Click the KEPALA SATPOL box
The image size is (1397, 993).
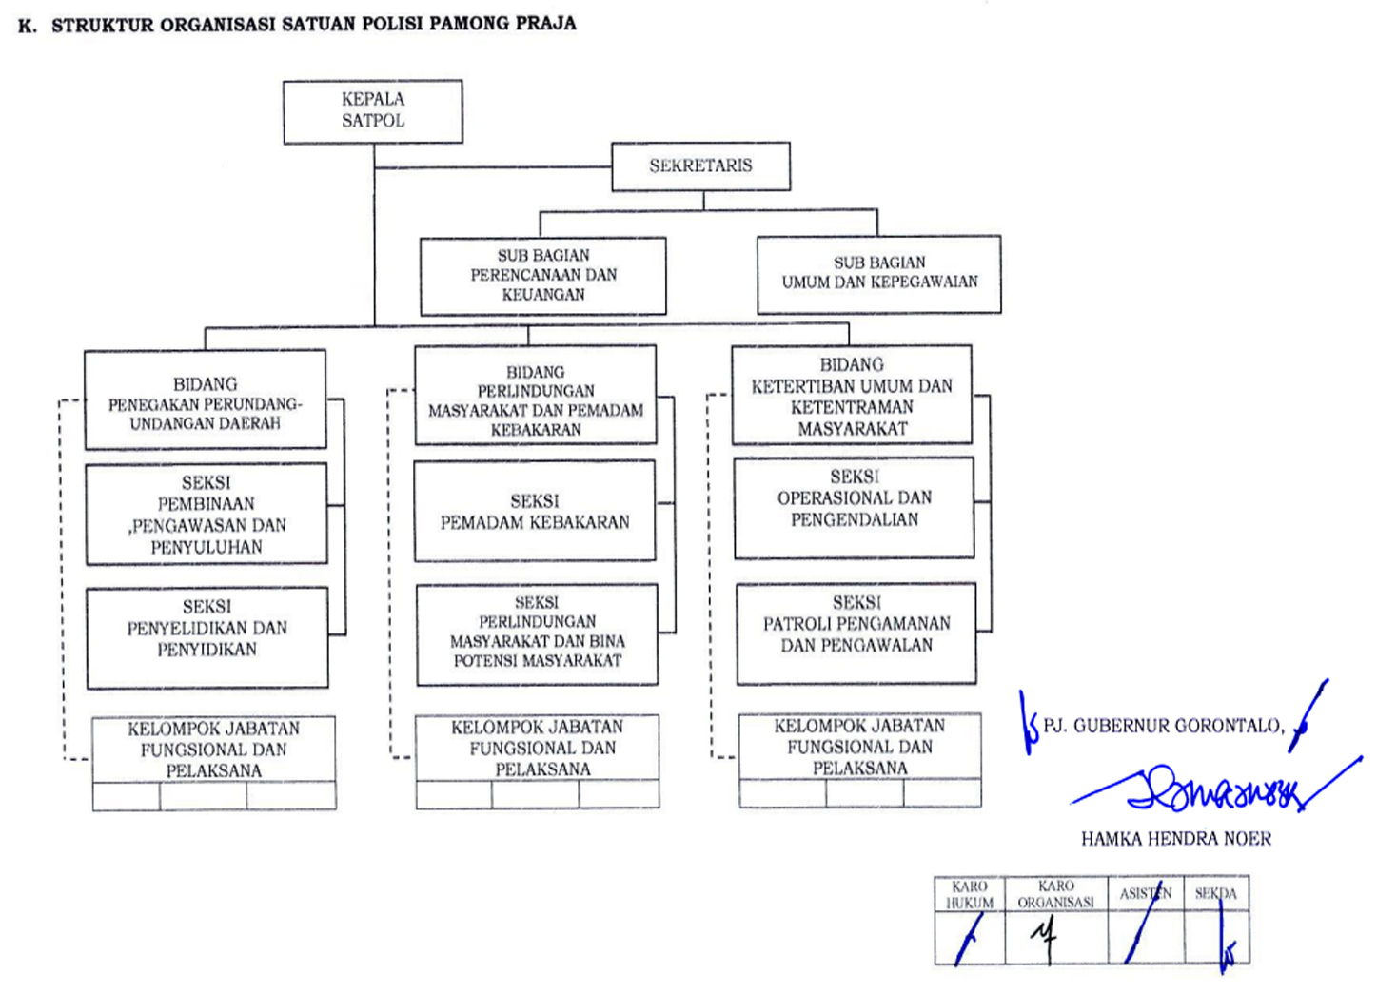pos(373,111)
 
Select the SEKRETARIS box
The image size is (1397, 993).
pos(700,166)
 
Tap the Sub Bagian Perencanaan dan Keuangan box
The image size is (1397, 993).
pos(542,276)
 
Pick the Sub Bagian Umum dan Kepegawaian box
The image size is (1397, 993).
pos(878,274)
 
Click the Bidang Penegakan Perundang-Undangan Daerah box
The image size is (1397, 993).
pos(205,400)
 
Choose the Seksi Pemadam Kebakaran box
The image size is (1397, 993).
pos(535,511)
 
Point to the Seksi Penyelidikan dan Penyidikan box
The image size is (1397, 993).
pos(207,637)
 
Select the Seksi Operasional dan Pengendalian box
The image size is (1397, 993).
pos(854,508)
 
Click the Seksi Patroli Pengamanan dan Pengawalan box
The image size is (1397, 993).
pos(856,633)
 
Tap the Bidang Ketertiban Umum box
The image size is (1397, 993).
pos(852,396)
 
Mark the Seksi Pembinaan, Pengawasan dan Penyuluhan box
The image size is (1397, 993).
pos(206,515)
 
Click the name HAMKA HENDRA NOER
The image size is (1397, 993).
pos(1175,839)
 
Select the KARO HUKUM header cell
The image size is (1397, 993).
pos(969,895)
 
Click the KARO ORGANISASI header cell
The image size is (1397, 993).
pos(1055,895)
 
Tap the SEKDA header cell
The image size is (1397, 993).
pos(1215,894)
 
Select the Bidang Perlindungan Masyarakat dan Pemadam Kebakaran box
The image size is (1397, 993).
pos(535,396)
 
